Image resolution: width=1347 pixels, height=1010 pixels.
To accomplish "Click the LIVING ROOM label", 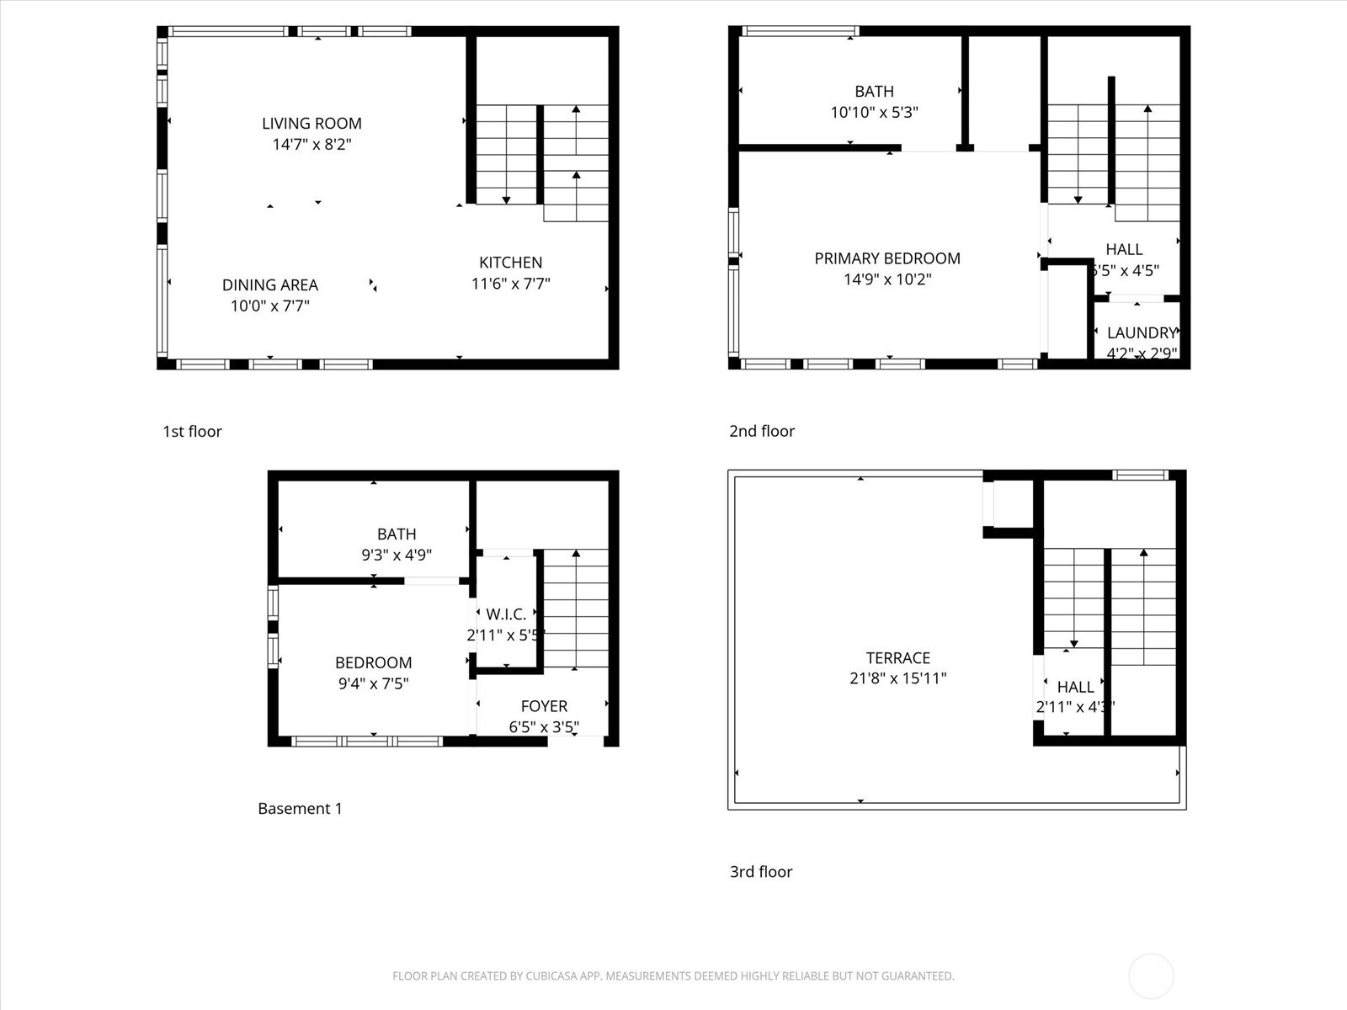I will (311, 124).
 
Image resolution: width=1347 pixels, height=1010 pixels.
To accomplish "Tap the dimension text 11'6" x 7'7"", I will (510, 284).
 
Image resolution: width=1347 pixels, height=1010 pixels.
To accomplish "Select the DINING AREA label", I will (270, 285).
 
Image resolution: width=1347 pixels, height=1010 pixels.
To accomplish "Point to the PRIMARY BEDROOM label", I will (887, 258).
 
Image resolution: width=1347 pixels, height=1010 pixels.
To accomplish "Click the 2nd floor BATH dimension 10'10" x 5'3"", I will (874, 112).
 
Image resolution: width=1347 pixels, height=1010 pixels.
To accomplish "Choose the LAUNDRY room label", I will (1141, 332).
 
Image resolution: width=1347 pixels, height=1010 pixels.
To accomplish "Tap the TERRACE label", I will (898, 658).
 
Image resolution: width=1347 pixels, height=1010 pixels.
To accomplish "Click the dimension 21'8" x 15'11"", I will (898, 678).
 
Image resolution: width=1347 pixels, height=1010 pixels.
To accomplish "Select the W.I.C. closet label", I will (506, 614).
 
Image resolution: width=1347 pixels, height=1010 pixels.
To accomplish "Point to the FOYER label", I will (544, 706).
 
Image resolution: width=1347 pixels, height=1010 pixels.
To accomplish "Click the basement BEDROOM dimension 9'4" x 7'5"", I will (373, 683).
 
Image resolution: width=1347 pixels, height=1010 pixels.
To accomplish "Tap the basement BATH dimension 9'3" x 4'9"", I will (397, 555).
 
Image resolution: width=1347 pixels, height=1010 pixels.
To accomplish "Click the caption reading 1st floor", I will (192, 432).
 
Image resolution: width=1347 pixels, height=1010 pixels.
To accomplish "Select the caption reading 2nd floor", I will (762, 431).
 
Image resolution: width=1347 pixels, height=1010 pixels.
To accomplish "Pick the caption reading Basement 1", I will (300, 809).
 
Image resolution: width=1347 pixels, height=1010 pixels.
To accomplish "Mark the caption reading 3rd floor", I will (761, 872).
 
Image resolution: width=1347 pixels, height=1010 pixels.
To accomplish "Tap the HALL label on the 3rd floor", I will (1075, 687).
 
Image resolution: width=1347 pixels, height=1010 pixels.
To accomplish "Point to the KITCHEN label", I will (510, 263).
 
